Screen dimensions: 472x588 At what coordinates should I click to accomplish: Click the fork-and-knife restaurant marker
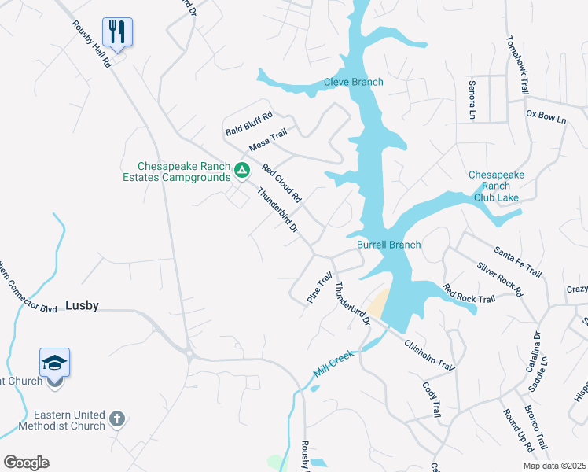point(117,32)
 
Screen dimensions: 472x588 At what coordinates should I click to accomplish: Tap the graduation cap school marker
point(54,363)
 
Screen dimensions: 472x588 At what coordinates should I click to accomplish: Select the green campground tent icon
point(243,169)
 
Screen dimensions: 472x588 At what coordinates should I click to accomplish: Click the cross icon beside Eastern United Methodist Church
point(116,418)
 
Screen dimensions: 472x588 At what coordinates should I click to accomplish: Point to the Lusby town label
point(82,305)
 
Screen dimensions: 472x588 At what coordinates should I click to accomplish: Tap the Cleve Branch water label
point(354,82)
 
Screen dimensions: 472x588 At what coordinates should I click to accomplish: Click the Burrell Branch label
point(388,245)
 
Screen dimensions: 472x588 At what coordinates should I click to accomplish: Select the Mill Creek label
point(334,364)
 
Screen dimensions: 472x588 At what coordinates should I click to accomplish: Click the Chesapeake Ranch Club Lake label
point(494,186)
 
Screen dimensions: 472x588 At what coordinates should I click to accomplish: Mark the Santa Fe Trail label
point(518,262)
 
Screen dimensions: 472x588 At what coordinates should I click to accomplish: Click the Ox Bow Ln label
point(546,118)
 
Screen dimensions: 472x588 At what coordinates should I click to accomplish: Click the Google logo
point(26,463)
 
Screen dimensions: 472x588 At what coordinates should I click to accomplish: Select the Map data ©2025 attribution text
point(554,466)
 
